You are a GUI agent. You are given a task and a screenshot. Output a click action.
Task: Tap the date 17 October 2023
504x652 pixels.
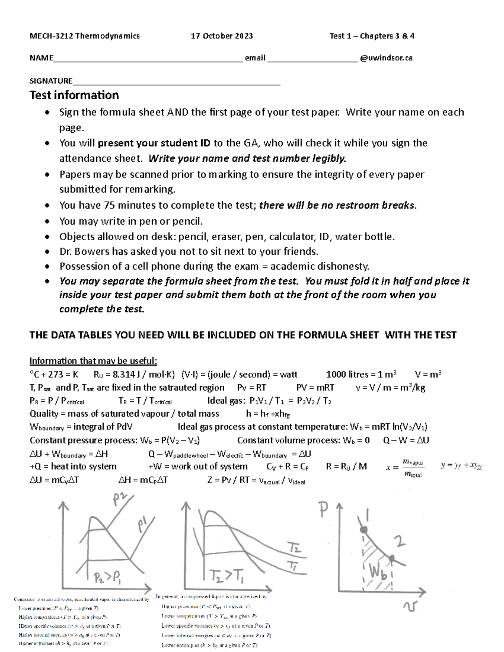222,36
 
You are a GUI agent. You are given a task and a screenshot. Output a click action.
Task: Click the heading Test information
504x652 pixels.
74,95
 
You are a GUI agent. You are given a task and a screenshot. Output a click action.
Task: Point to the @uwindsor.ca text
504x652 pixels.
386,58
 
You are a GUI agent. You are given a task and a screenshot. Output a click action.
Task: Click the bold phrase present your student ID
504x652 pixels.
155,143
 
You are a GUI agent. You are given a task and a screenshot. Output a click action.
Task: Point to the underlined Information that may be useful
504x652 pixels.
93,361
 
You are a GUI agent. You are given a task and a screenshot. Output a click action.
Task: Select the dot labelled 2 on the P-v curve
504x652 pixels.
391,558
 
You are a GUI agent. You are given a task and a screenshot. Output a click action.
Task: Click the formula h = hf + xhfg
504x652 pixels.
268,414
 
